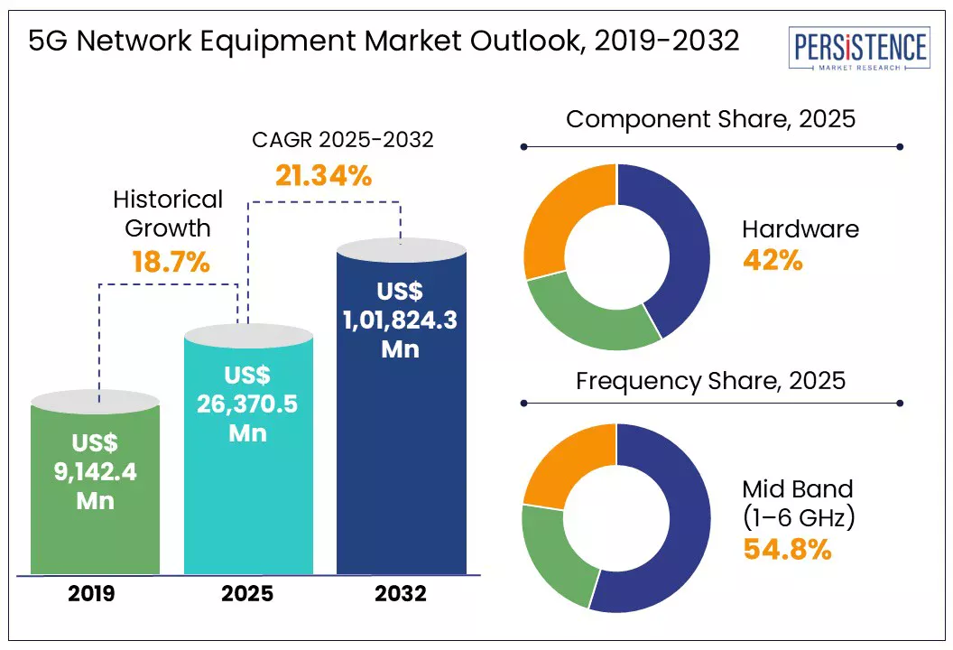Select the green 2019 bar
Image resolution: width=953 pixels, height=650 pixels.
click(96, 482)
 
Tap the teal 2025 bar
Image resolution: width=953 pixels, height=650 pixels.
click(248, 449)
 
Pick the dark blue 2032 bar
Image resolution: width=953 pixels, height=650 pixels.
click(402, 406)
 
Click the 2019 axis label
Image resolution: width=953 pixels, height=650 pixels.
click(91, 593)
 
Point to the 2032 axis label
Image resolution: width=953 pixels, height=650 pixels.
click(401, 593)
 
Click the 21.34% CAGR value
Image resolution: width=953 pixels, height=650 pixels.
click(323, 176)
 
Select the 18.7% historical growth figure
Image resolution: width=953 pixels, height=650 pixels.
click(171, 263)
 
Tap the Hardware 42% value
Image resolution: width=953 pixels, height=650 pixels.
click(773, 261)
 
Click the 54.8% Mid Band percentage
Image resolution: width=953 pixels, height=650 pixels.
click(787, 550)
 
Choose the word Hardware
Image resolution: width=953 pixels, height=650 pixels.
click(800, 229)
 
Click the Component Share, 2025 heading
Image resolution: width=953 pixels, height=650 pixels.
click(710, 119)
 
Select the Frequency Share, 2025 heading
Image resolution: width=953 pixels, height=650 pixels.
click(710, 381)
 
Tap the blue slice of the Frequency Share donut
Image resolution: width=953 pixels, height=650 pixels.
click(681, 547)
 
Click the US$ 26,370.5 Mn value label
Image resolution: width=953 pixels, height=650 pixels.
click(247, 404)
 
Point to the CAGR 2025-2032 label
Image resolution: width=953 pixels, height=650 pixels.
click(343, 140)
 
